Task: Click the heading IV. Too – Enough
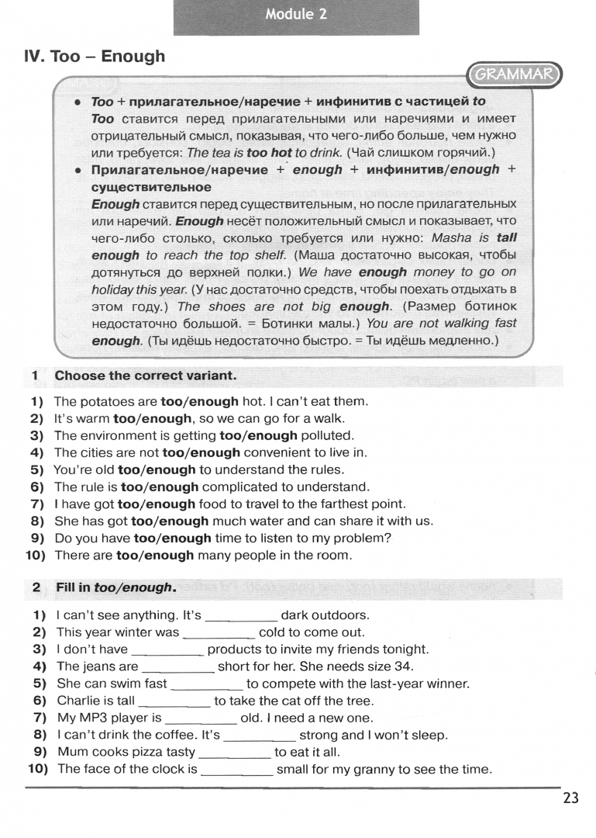pos(95,56)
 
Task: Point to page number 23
pos(570,798)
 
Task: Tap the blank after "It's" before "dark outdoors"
pos(240,616)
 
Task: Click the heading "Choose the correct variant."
pos(145,376)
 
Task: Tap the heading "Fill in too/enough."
pos(115,587)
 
